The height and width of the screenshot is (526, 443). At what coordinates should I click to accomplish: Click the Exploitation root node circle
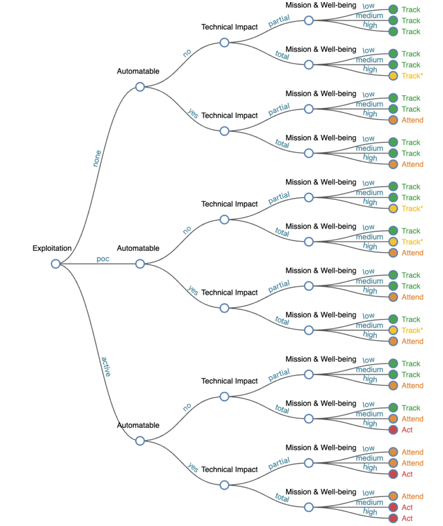(56, 264)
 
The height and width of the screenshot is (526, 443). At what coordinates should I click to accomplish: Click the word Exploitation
(52, 249)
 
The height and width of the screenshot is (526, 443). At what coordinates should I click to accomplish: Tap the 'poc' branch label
(103, 258)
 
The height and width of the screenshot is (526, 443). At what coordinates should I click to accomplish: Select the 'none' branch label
(97, 158)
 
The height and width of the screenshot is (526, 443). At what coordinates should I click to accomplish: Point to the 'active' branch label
(106, 366)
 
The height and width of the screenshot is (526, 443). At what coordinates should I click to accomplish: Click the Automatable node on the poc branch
(140, 264)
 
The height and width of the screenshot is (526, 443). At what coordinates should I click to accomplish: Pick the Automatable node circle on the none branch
(140, 87)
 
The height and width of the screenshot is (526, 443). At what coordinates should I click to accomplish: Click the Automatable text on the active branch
(138, 425)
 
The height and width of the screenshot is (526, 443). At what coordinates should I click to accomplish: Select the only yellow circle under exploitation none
(393, 76)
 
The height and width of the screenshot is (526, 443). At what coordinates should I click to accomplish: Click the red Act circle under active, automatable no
(393, 430)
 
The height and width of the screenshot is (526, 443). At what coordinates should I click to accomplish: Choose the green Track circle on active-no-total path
(393, 408)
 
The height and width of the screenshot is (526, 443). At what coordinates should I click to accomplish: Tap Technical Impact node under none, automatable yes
(224, 131)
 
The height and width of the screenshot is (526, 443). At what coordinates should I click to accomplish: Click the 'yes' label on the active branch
(193, 467)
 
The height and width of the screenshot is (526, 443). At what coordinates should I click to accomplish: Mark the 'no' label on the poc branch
(187, 230)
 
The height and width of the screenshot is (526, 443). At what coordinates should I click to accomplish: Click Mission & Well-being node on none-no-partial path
(308, 21)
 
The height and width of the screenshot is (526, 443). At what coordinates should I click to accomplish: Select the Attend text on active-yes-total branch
(412, 496)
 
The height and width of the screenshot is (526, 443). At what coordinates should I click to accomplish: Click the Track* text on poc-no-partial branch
(412, 209)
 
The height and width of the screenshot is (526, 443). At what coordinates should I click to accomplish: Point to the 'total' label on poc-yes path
(282, 321)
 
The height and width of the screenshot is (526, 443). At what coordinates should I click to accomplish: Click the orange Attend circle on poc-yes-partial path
(393, 297)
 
